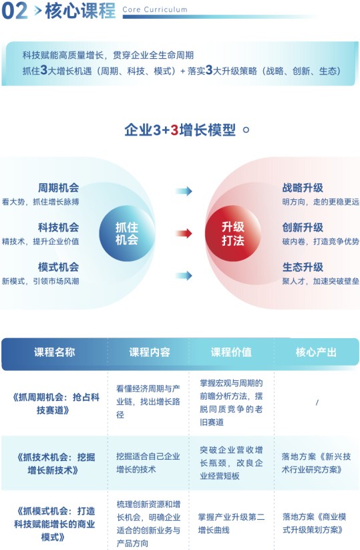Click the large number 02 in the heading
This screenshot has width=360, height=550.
15,11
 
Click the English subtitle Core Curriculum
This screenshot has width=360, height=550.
155,9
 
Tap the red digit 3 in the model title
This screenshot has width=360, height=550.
174,130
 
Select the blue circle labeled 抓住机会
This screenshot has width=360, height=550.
127,233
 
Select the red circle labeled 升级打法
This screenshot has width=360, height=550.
232,233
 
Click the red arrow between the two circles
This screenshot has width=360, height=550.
184,233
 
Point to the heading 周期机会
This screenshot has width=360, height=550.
59,188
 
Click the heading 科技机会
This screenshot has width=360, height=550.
59,227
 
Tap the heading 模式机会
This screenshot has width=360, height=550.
59,267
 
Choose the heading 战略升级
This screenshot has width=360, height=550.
303,188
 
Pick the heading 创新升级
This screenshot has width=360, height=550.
303,227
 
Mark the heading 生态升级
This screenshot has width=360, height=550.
303,267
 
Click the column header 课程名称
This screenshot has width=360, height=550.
54,352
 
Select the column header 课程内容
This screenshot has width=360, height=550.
150,352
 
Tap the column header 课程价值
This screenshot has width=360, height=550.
231,352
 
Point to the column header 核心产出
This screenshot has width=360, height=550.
316,352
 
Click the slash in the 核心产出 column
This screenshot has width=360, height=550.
317,402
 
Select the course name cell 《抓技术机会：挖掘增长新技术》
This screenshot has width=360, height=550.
54,463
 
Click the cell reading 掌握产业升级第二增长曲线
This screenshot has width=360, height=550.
231,523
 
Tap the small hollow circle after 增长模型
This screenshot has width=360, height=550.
246,130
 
